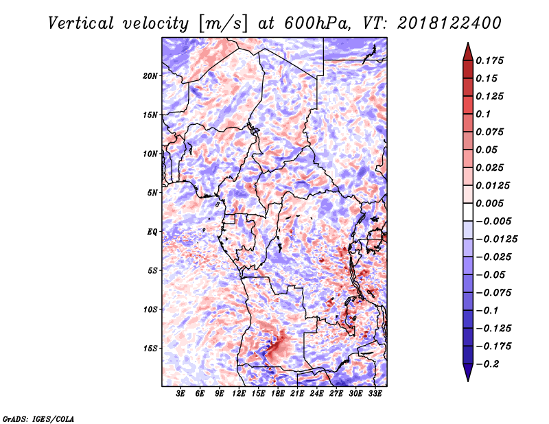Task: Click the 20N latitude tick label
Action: pyautogui.click(x=150, y=76)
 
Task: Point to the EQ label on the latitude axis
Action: pyautogui.click(x=152, y=232)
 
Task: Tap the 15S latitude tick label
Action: pyautogui.click(x=150, y=349)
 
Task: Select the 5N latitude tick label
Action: pyautogui.click(x=152, y=193)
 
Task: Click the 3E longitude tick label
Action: pyautogui.click(x=180, y=394)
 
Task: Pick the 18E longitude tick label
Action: pyautogui.click(x=278, y=394)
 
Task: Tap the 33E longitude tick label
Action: pyautogui.click(x=375, y=394)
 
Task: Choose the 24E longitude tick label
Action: pyautogui.click(x=316, y=394)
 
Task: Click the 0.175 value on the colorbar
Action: pyautogui.click(x=489, y=60)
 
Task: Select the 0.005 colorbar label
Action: pyautogui.click(x=489, y=203)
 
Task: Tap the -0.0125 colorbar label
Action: pyautogui.click(x=496, y=239)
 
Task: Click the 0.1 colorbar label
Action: pyautogui.click(x=483, y=114)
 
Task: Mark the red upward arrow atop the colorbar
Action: pyautogui.click(x=468, y=51)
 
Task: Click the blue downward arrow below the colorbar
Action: pyautogui.click(x=468, y=373)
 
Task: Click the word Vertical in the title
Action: pyautogui.click(x=81, y=23)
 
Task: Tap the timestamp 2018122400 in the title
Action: pyautogui.click(x=449, y=23)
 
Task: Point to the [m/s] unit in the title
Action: pyautogui.click(x=224, y=24)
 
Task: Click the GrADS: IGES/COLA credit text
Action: pyautogui.click(x=38, y=419)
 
